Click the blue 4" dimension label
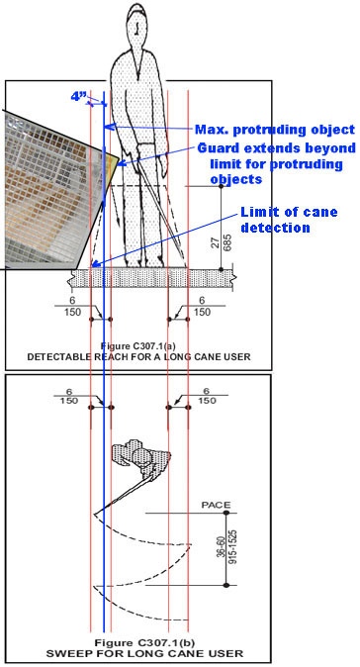[x=79, y=97]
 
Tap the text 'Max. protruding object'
[x=274, y=130]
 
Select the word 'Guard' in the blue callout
[x=217, y=148]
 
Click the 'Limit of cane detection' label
[x=289, y=219]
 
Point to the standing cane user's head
[x=136, y=26]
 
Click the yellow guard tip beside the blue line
[x=113, y=160]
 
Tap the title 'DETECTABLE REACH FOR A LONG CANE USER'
[x=139, y=356]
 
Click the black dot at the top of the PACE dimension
[x=226, y=513]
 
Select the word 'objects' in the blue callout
[x=235, y=179]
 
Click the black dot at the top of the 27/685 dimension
[x=221, y=186]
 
